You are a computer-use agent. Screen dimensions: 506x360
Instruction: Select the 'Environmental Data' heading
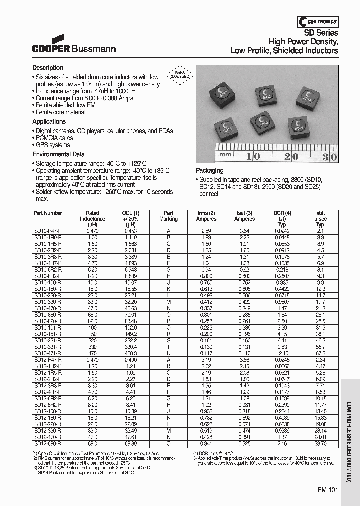click(x=58, y=154)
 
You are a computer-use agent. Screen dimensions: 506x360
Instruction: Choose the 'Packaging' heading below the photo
click(x=209, y=170)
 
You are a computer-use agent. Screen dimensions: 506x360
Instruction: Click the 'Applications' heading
click(x=49, y=122)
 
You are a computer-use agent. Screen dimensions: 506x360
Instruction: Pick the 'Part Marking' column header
click(x=168, y=216)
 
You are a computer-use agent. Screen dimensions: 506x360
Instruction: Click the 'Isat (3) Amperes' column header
click(x=244, y=216)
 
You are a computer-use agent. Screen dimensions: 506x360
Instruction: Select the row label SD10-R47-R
click(x=48, y=231)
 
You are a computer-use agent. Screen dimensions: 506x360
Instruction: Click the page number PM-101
click(x=328, y=490)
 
